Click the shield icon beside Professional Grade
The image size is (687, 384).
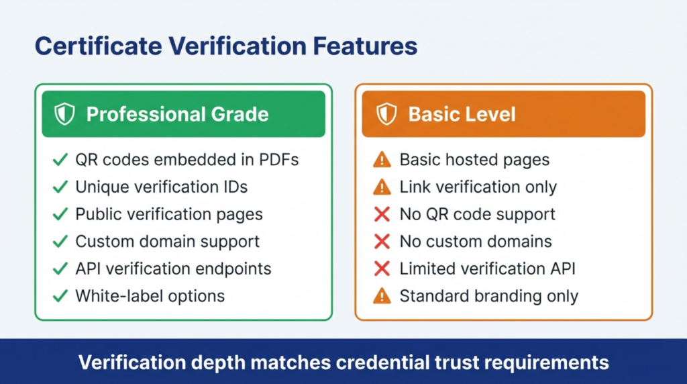65,114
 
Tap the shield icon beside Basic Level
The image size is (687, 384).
386,114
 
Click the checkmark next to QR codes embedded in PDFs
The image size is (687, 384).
60,160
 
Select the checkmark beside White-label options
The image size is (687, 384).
60,295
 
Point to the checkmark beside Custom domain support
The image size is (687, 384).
60,242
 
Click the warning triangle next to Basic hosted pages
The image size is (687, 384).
382,160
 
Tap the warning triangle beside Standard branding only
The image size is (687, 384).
382,295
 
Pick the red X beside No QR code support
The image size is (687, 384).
382,215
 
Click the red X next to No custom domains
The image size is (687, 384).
382,242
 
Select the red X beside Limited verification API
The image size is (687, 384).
382,269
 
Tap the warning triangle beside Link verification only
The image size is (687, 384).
382,187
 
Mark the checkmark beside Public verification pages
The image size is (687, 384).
60,215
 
